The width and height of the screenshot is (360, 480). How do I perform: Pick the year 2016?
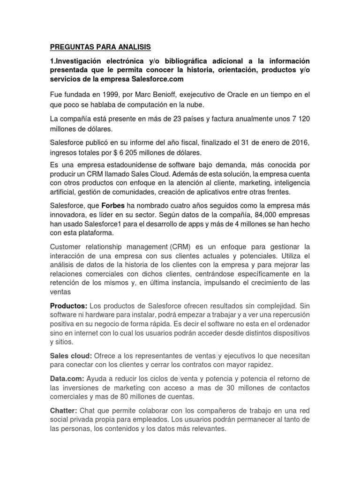[x=300, y=142]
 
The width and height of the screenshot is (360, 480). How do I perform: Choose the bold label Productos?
[x=69, y=306]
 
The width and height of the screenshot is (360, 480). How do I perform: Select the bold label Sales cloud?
[x=71, y=356]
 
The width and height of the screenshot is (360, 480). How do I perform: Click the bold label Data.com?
[x=67, y=378]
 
